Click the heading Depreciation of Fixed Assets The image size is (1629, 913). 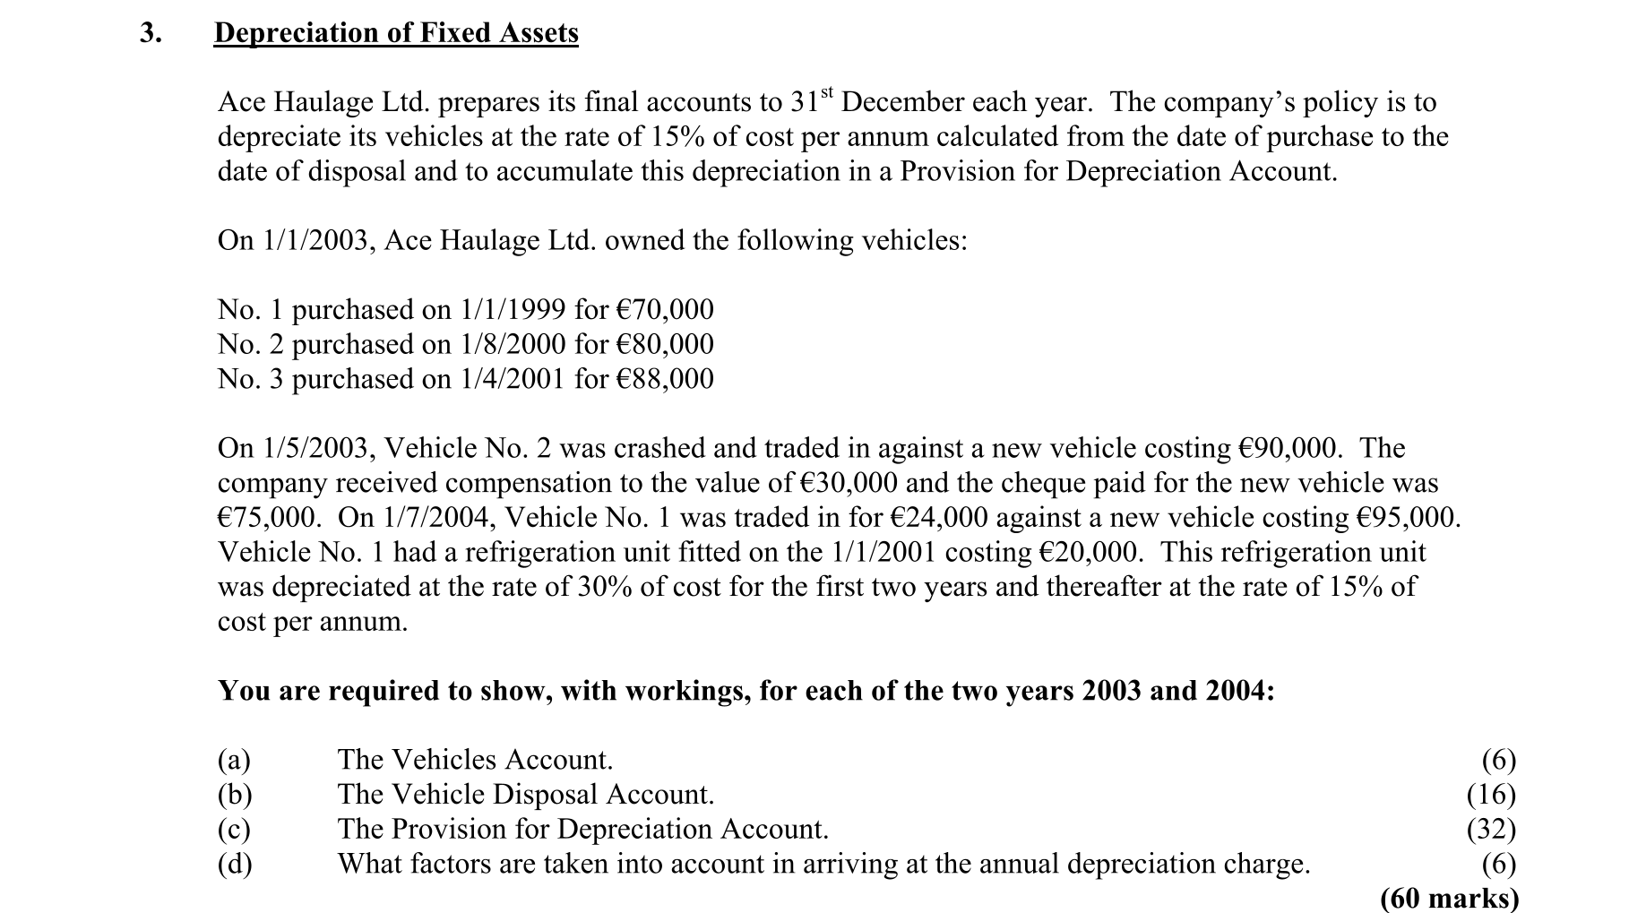click(396, 33)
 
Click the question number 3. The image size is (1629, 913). click(151, 33)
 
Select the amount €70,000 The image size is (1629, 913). click(665, 310)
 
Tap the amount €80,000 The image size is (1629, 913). click(665, 345)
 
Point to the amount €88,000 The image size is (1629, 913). click(665, 380)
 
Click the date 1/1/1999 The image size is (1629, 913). click(513, 310)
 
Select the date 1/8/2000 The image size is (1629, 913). click(513, 345)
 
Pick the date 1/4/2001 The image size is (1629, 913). click(513, 380)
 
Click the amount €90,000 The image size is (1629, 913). click(1287, 449)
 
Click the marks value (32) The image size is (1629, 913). click(1491, 830)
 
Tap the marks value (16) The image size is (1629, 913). click(1491, 795)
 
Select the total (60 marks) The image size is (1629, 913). click(1449, 899)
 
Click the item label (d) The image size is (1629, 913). click(235, 865)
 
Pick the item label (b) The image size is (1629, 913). click(235, 795)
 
